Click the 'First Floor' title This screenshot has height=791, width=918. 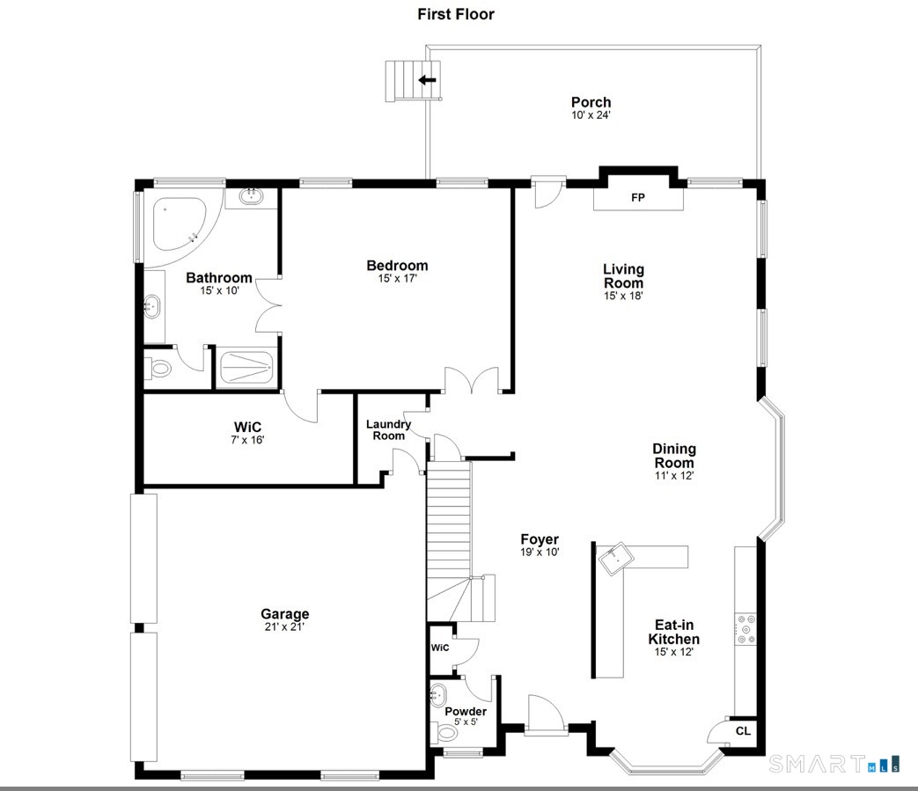click(x=455, y=14)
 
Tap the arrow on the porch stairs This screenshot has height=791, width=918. click(x=427, y=80)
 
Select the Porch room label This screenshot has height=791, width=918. click(x=591, y=102)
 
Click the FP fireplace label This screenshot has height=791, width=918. click(x=638, y=198)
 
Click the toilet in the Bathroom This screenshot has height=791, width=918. click(x=158, y=368)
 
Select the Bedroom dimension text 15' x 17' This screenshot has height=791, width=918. click(x=397, y=279)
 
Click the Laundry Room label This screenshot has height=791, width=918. click(x=388, y=429)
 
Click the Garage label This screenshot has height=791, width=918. click(x=284, y=614)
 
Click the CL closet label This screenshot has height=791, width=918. click(x=743, y=730)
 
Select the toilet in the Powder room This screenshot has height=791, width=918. click(x=444, y=730)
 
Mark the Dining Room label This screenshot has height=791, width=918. click(x=674, y=456)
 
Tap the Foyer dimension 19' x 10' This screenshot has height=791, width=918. click(x=540, y=553)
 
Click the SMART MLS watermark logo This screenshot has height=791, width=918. click(x=834, y=763)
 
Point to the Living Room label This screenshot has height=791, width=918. click(x=623, y=276)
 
